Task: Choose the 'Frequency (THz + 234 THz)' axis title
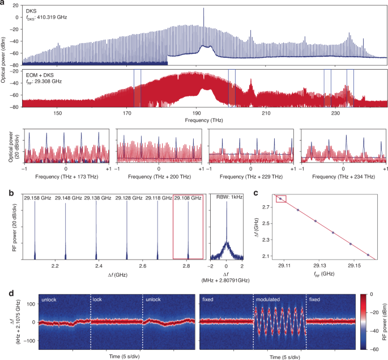tap(343, 177)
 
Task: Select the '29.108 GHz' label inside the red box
tap(187, 198)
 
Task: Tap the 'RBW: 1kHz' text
tap(227, 198)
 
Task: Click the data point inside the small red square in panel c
tap(281, 198)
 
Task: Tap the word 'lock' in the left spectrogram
tap(97, 297)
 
